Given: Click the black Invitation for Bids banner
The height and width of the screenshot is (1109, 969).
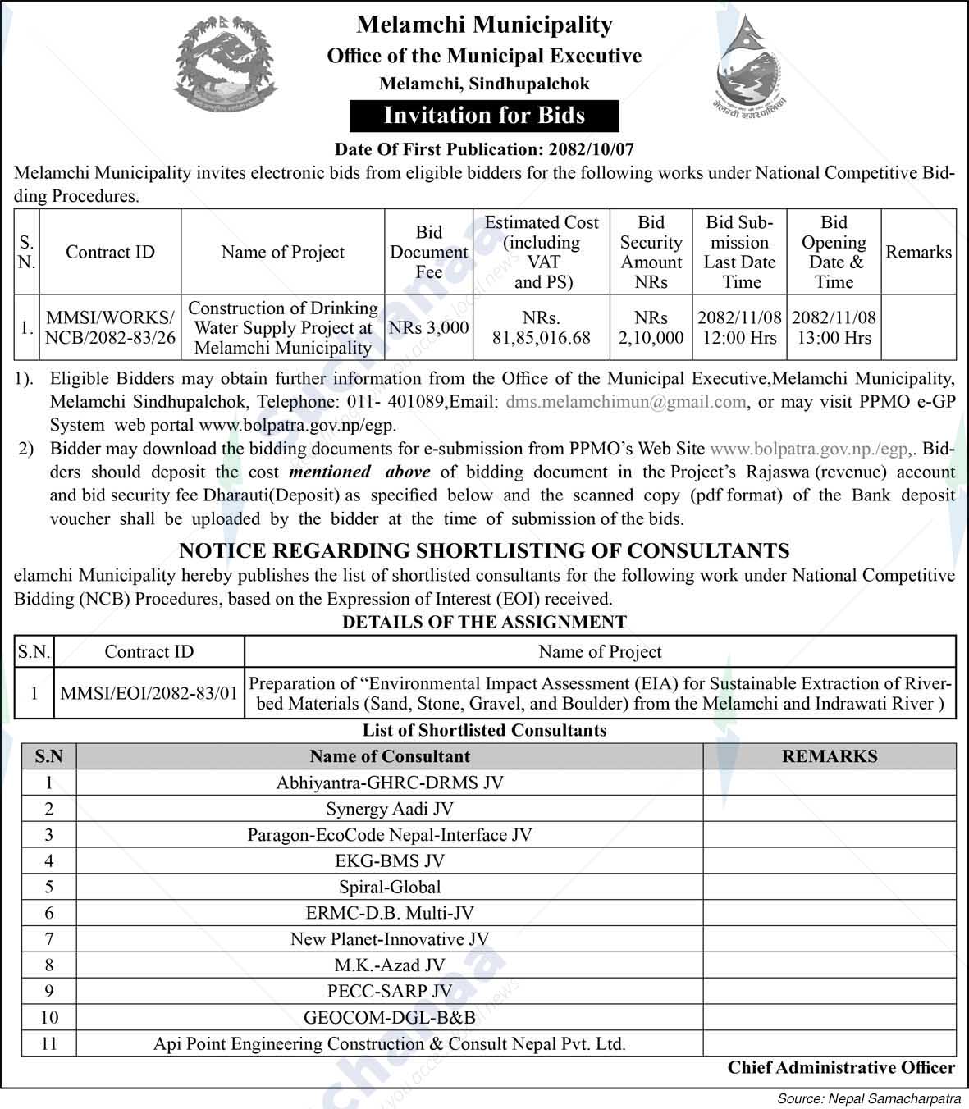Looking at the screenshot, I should tap(484, 116).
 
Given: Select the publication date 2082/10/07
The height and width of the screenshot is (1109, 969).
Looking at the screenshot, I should tap(589, 149).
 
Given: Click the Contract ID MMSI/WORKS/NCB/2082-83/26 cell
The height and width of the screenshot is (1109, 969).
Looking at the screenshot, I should tap(110, 327).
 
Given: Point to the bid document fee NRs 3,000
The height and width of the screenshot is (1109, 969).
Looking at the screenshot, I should tap(428, 327).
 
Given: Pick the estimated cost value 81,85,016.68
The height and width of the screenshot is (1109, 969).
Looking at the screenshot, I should tap(542, 337).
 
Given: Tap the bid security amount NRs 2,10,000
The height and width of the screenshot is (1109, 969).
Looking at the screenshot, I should tap(651, 327).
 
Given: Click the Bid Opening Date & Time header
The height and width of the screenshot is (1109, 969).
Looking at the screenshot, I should tap(834, 252).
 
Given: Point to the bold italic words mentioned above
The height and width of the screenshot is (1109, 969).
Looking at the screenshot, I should tap(359, 472).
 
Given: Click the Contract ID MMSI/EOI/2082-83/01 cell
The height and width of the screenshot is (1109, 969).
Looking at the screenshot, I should tap(149, 693).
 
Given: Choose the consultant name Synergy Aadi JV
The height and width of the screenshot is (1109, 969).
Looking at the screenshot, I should tap(390, 809).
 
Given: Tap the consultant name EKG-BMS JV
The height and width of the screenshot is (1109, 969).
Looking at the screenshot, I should tap(390, 860).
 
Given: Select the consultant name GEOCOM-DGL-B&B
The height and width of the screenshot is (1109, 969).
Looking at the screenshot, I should tap(390, 1017).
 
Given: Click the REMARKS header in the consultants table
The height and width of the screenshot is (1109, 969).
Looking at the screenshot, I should tap(830, 756).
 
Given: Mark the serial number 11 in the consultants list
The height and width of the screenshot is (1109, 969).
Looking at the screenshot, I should tap(49, 1043).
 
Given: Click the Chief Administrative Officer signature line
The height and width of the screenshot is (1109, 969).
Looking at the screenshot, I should tap(841, 1067).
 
